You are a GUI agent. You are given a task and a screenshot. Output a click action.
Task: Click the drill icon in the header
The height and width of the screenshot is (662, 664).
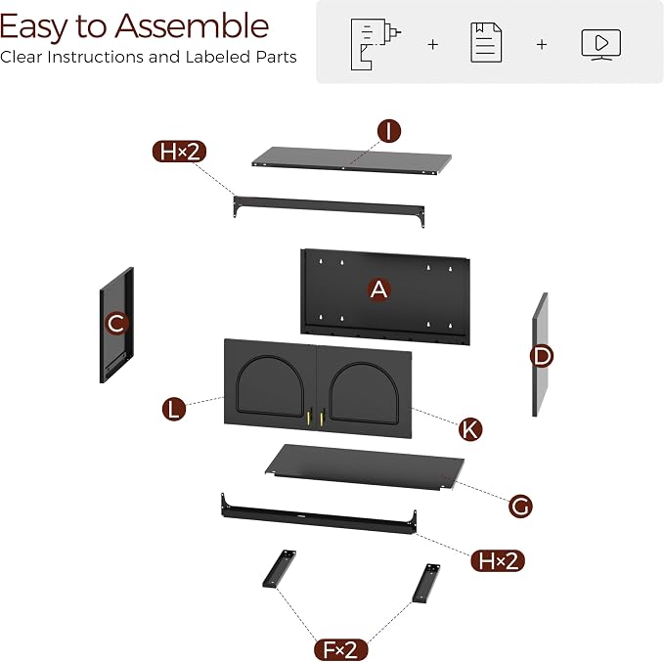(376, 44)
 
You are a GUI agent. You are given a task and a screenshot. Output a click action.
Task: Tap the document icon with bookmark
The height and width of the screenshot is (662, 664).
(486, 43)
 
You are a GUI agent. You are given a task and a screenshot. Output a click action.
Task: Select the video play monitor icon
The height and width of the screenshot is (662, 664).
(600, 44)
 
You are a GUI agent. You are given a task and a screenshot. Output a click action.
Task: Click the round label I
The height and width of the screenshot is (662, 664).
(389, 131)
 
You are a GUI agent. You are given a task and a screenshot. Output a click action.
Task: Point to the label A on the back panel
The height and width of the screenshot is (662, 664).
(378, 289)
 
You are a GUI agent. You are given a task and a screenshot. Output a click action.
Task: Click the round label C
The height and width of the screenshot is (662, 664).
(116, 324)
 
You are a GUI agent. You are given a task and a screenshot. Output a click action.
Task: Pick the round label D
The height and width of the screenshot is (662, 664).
(542, 356)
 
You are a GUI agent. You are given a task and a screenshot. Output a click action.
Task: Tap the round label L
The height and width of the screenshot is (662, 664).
(174, 410)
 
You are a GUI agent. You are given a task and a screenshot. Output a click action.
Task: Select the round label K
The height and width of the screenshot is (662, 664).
(470, 429)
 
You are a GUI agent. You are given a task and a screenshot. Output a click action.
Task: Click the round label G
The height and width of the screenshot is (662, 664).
(520, 506)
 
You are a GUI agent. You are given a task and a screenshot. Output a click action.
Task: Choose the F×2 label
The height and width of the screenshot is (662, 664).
(340, 649)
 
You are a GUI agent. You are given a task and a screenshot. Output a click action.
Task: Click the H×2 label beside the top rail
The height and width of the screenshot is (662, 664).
(179, 152)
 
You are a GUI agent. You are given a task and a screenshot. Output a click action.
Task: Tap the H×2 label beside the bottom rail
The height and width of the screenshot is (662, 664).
(498, 560)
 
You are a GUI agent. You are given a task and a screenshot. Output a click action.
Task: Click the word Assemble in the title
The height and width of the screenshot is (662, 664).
(192, 26)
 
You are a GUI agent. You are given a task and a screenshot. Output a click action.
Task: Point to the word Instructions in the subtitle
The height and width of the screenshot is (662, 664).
(95, 57)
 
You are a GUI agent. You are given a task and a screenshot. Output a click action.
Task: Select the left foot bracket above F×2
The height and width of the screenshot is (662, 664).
(279, 569)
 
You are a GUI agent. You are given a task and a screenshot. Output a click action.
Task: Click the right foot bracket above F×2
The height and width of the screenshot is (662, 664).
(426, 583)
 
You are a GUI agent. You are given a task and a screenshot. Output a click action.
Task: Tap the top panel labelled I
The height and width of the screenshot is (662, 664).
(351, 161)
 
